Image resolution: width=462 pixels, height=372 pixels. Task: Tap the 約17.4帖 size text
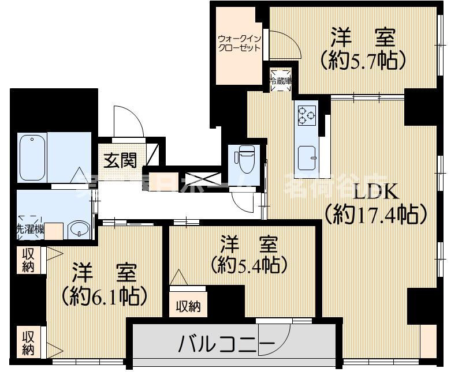pos(376,215)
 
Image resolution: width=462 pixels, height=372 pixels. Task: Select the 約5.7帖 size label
pos(363,59)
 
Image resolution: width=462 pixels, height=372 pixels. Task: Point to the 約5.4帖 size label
pos(249,265)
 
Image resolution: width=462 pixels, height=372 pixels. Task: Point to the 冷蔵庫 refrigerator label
pos(280,81)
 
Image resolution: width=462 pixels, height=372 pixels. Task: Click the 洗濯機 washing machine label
pos(29,229)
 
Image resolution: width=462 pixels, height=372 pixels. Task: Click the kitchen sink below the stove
pos(307,155)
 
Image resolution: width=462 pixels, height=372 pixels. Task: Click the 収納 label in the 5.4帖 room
pos(188,306)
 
